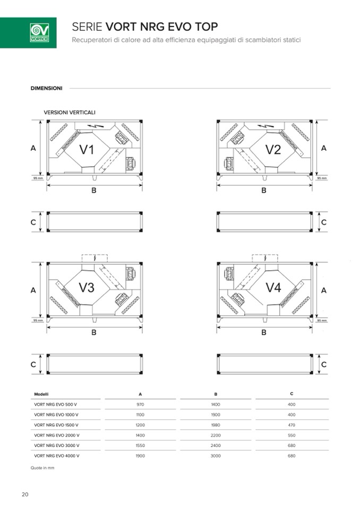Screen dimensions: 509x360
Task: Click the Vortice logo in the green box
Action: (39, 32)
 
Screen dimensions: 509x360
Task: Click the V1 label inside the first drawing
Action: (87, 150)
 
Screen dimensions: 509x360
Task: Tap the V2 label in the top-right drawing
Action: (273, 150)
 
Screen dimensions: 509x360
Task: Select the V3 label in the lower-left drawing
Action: (87, 288)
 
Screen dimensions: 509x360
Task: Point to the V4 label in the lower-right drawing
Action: (273, 288)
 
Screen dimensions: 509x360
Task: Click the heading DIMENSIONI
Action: (47, 88)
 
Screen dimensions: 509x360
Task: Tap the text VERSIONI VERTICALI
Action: (70, 112)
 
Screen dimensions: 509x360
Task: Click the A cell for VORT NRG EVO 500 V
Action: (140, 404)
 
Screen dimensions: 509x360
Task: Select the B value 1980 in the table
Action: (216, 425)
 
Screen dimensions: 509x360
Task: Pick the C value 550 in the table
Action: (292, 435)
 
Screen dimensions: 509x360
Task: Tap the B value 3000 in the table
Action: (216, 455)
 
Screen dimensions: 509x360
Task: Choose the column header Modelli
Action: (41, 394)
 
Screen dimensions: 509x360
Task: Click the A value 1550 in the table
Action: (140, 445)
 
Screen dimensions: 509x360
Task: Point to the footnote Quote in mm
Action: (42, 468)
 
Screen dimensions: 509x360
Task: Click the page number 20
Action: (25, 495)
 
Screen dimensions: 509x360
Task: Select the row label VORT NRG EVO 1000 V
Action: (56, 414)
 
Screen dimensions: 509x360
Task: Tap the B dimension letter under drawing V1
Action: (93, 190)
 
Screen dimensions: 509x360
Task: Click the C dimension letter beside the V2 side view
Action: (323, 222)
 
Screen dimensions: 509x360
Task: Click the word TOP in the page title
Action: (206, 27)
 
